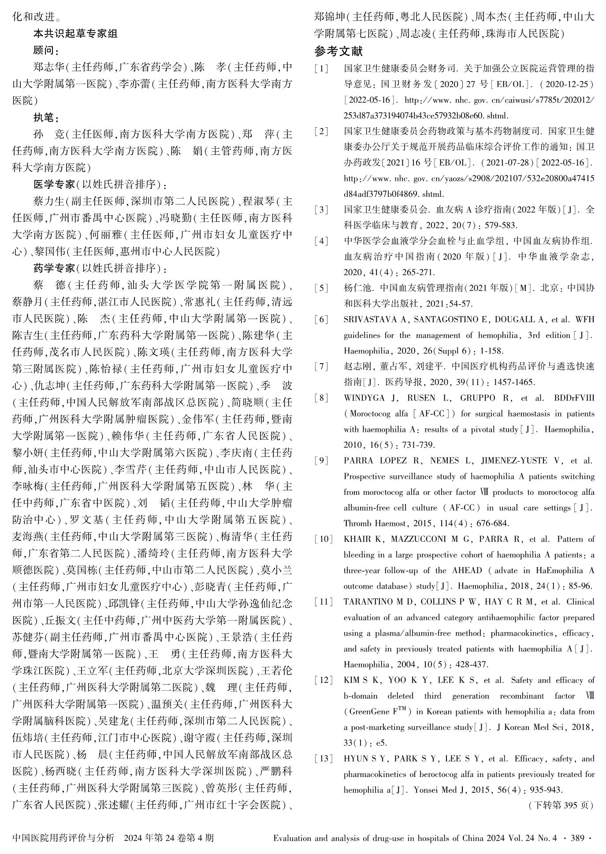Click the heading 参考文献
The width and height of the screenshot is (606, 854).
click(x=338, y=52)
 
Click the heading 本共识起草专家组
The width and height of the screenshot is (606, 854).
click(x=75, y=33)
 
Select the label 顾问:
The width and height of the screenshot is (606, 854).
click(x=46, y=50)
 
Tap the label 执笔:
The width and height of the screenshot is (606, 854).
click(x=46, y=118)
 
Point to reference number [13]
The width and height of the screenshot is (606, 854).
click(x=323, y=758)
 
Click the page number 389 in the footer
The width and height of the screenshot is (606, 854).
click(x=578, y=838)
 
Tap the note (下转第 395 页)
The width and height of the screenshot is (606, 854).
click(x=560, y=805)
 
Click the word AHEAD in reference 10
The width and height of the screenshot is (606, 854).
click(x=467, y=571)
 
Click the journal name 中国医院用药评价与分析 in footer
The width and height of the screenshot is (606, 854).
click(x=63, y=838)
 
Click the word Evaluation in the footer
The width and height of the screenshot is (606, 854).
click(x=293, y=838)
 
